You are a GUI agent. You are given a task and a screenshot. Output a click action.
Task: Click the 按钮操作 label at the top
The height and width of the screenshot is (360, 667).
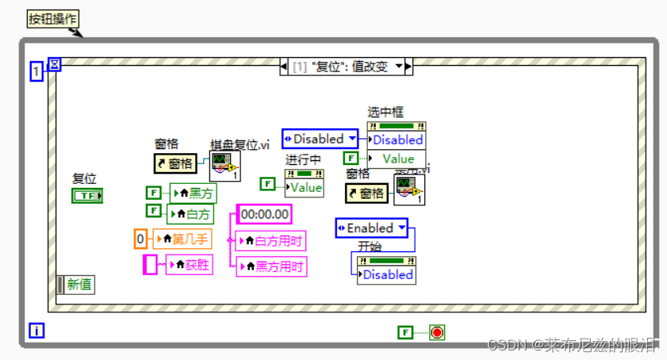53,18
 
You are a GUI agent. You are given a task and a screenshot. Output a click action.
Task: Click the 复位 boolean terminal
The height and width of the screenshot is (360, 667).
87,196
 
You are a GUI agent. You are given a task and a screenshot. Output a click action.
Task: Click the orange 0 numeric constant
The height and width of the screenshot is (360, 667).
140,238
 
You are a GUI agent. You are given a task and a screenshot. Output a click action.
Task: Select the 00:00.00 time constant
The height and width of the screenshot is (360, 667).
264,214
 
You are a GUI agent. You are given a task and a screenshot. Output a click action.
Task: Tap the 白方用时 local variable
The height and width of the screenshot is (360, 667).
270,241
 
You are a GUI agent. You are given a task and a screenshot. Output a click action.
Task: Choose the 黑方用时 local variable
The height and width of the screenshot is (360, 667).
270,266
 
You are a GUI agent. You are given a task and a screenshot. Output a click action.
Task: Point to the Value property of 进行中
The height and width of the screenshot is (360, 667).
305,188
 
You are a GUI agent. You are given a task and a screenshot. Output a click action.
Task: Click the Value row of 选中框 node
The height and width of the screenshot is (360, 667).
397,159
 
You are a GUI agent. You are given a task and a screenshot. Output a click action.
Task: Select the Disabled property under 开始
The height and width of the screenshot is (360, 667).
387,274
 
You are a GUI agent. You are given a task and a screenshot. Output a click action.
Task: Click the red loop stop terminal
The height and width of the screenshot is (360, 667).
437,332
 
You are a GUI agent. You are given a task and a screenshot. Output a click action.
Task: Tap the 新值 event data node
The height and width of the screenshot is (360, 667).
76,285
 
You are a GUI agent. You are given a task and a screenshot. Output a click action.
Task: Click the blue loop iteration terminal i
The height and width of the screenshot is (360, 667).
36,331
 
